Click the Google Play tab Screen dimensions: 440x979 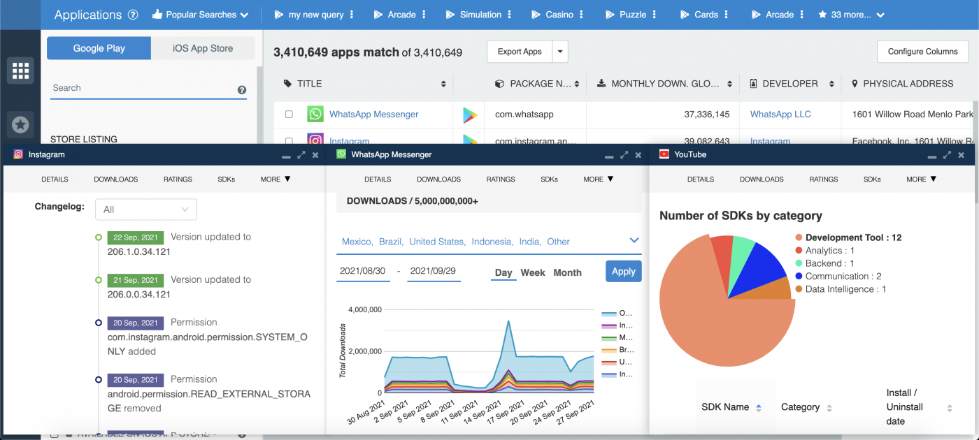click(99, 48)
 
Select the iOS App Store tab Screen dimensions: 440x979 click(203, 48)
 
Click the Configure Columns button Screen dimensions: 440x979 click(922, 51)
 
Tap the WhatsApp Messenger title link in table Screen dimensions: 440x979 click(373, 114)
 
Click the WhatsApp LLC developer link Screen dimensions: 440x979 click(780, 114)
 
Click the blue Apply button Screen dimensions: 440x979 click(623, 271)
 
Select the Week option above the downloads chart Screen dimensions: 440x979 click(533, 272)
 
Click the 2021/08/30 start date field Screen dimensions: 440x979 click(363, 271)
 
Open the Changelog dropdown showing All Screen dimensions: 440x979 click(146, 209)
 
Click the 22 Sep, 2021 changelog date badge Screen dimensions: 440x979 click(136, 237)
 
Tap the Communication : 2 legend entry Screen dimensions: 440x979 click(843, 276)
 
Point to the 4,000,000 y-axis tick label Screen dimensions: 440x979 click(364, 309)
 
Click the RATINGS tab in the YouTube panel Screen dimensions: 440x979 click(823, 179)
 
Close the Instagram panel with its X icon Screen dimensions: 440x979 click(315, 155)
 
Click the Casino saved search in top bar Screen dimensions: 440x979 click(559, 15)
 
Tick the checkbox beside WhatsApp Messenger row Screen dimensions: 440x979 click(289, 115)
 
